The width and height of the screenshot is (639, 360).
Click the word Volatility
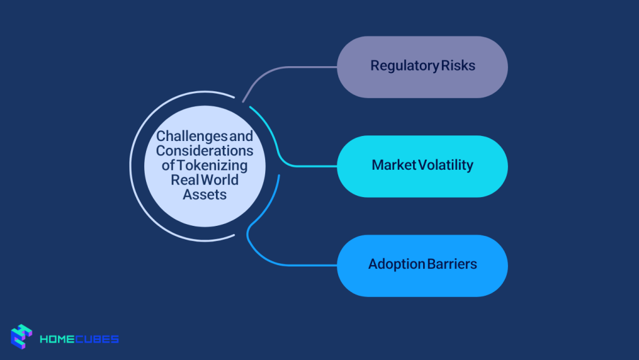click(446, 165)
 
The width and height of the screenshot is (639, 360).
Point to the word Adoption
click(396, 264)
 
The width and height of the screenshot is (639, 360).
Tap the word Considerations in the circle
click(205, 151)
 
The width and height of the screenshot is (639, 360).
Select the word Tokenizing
click(212, 165)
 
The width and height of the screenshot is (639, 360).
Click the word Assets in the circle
click(205, 194)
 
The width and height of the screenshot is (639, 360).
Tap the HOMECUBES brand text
click(79, 339)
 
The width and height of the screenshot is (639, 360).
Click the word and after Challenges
click(242, 136)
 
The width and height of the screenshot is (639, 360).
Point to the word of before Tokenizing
click(168, 165)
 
